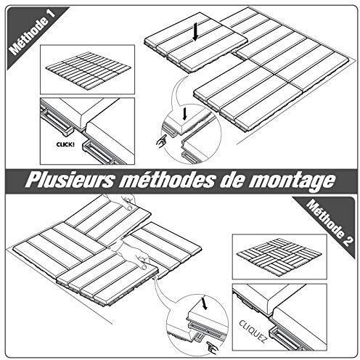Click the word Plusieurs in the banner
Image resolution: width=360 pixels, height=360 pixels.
click(69, 180)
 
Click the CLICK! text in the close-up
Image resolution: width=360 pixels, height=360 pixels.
click(65, 144)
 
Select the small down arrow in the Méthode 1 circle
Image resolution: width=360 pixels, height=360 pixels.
click(185, 114)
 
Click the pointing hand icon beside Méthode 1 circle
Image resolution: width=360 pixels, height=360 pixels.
click(161, 140)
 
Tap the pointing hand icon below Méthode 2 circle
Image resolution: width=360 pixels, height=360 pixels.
click(213, 348)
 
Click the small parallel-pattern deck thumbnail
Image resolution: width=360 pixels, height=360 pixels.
click(88, 69)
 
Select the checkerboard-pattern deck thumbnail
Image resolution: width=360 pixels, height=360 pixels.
click(279, 256)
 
